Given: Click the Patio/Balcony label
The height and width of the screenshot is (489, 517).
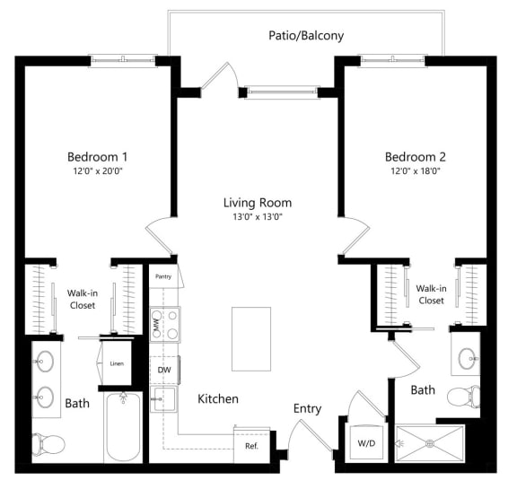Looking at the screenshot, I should tap(306, 36).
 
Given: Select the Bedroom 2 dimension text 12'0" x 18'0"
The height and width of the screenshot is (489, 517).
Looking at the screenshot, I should tap(416, 170).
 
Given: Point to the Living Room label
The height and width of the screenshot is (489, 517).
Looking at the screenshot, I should tap(258, 202).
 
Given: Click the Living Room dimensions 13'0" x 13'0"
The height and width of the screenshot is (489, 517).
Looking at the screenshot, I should tap(258, 218).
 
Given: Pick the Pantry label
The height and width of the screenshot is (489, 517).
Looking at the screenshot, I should tap(163, 276).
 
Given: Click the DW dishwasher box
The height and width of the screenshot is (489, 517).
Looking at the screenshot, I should tap(164, 369).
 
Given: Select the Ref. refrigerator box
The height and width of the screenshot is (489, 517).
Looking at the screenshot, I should tap(251, 445).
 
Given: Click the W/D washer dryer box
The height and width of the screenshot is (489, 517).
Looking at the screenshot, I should tap(366, 442).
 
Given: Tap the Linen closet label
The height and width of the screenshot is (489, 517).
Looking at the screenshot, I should tap(116, 363).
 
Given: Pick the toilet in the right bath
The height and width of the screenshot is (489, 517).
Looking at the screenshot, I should tap(464, 396).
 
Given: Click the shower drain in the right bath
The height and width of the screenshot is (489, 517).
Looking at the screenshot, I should tap(431, 441).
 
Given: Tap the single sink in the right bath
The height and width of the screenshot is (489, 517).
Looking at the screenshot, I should tap(467, 358).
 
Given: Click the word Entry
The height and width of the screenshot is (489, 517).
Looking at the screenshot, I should tap(307, 408).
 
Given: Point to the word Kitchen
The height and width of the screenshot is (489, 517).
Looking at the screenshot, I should tap(217, 398).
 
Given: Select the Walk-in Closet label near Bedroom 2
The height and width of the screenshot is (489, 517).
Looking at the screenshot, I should tap(430, 294).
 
